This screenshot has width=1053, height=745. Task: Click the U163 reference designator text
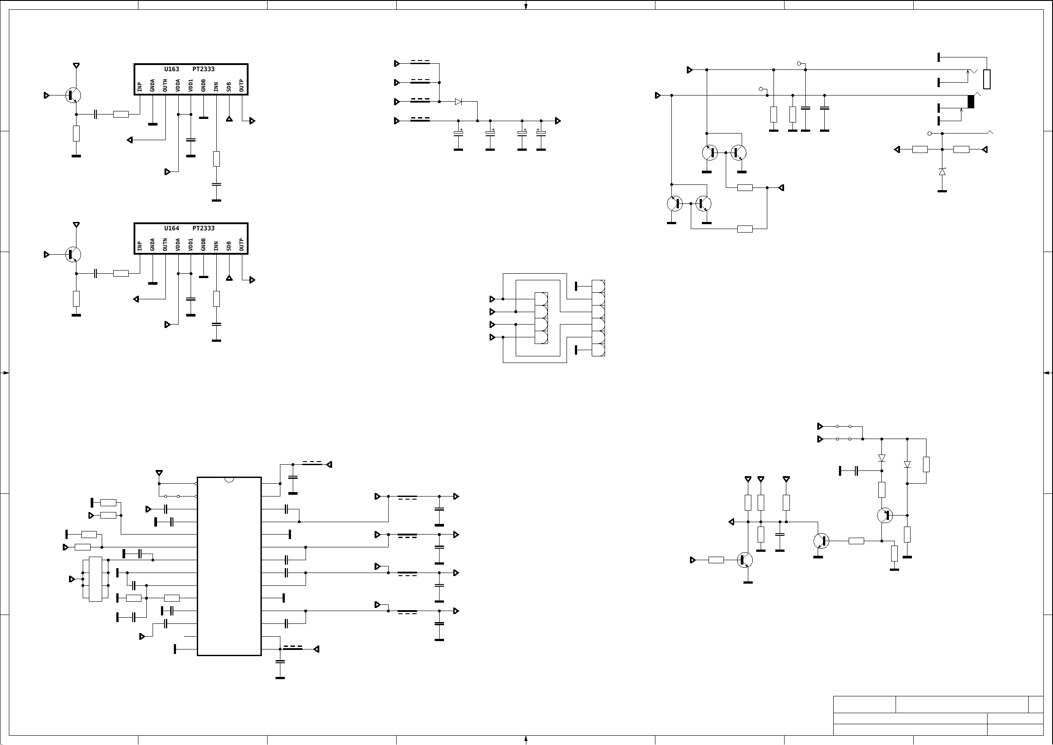(x=172, y=69)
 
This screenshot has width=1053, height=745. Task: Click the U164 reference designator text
(x=172, y=229)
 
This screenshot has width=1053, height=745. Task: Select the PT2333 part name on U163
(x=203, y=69)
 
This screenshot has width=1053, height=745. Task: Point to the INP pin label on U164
(x=139, y=246)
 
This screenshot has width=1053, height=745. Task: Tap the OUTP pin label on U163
(x=241, y=86)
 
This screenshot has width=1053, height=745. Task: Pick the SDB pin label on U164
(x=229, y=246)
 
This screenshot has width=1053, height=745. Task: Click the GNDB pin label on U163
(x=203, y=86)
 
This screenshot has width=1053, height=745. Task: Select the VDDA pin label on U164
(x=178, y=245)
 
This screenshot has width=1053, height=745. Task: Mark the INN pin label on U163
(x=216, y=87)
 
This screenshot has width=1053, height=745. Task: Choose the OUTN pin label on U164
(x=165, y=245)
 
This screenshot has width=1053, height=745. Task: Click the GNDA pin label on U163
(x=152, y=86)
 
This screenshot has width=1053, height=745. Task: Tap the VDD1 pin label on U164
(x=191, y=245)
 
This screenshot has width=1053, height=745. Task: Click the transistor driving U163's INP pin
(x=73, y=96)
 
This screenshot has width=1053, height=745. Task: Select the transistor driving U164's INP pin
(x=73, y=254)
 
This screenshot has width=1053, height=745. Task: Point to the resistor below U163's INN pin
(x=217, y=159)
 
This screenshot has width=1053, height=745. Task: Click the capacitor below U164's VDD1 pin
(x=191, y=299)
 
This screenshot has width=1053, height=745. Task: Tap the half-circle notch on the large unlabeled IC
(x=229, y=480)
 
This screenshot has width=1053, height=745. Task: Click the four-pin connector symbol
(x=541, y=318)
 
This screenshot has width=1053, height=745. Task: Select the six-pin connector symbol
(x=598, y=318)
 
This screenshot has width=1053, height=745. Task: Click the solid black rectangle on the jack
(x=970, y=102)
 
